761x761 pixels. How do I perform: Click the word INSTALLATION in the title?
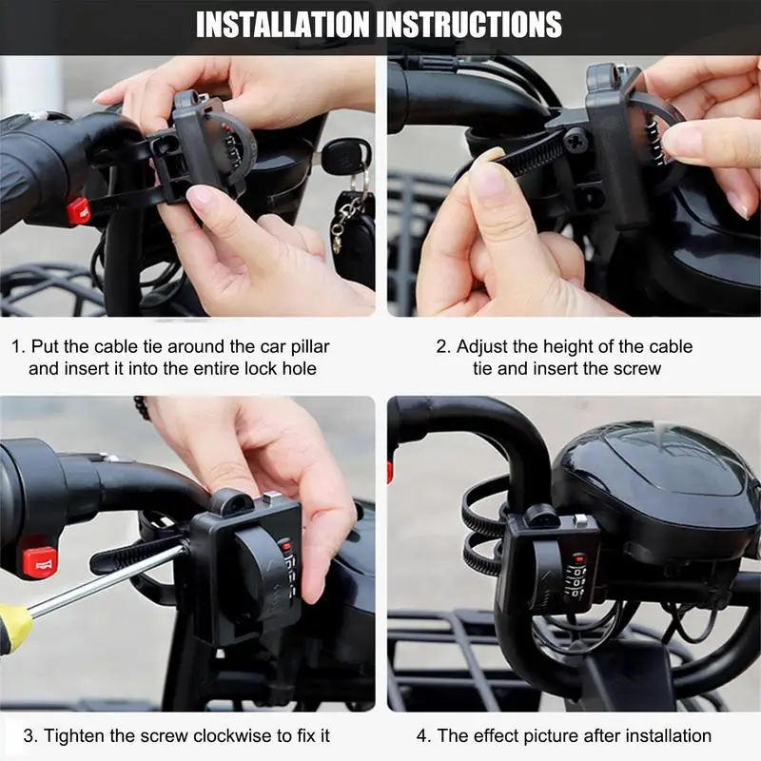coord(283,25)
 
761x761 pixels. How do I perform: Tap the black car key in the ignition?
coord(343,155)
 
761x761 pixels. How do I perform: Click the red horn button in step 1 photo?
coord(79,211)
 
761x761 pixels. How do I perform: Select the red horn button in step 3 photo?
coord(40,562)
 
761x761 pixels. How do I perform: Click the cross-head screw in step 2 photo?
coord(576,139)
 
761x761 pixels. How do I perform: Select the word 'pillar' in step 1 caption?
coord(310,346)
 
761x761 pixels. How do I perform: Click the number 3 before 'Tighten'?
coord(29,735)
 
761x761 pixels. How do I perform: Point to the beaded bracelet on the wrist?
coord(141,408)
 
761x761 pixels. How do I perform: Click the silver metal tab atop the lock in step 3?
coord(272,498)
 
